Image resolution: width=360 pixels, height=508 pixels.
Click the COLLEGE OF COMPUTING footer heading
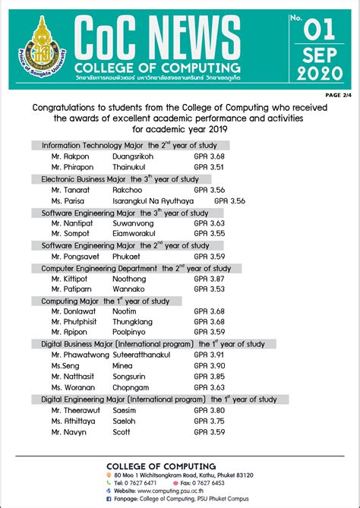tap(161, 465)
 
